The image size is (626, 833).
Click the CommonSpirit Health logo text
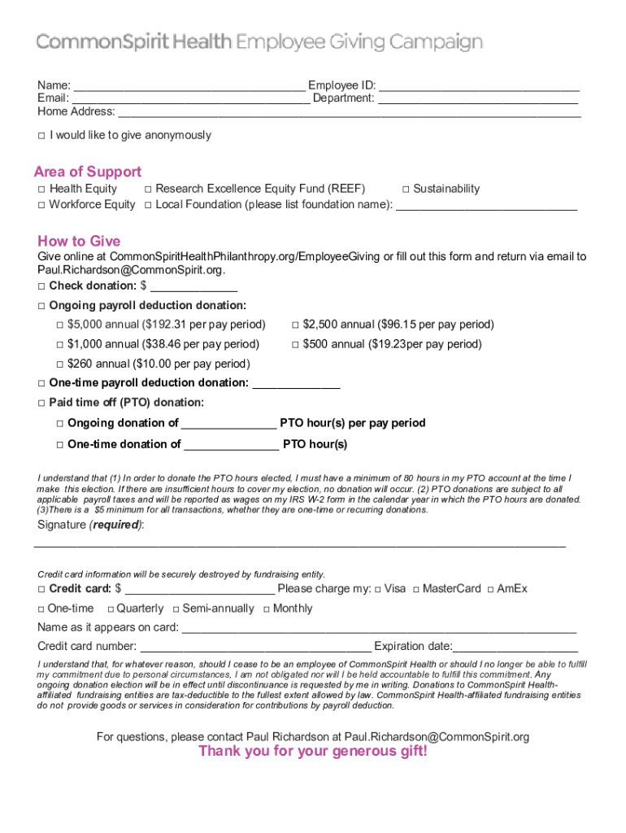[134, 42]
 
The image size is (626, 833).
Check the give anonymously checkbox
[41, 136]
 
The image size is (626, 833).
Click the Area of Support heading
[88, 172]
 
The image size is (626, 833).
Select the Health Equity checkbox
[41, 190]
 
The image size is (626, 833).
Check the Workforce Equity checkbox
[41, 205]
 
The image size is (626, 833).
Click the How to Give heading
[79, 241]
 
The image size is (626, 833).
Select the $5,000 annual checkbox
[59, 325]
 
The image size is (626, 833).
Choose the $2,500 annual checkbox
[295, 325]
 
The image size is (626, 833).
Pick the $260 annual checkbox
[59, 364]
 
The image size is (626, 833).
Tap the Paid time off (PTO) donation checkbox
[41, 403]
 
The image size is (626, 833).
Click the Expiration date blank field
[515, 647]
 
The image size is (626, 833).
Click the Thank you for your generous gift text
[313, 751]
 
